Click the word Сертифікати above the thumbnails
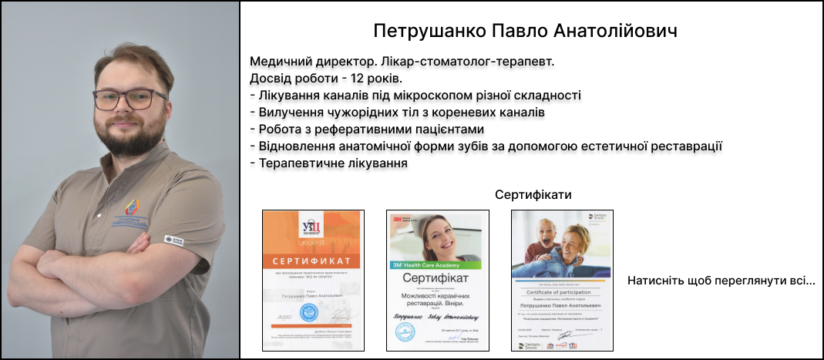pos(533,194)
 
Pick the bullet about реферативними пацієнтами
pos(367,129)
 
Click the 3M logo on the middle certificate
pos(400,219)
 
